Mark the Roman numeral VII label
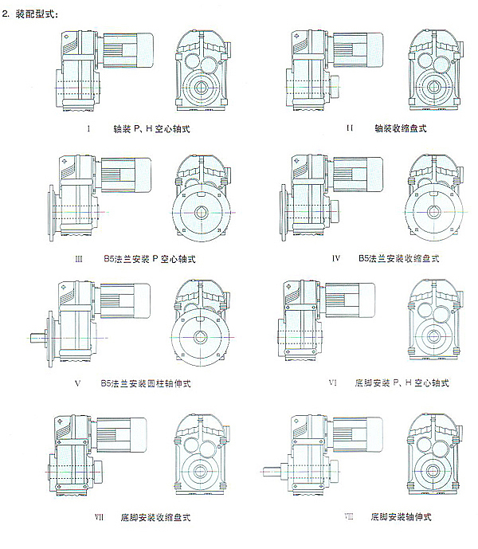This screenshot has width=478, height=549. [x=100, y=517]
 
